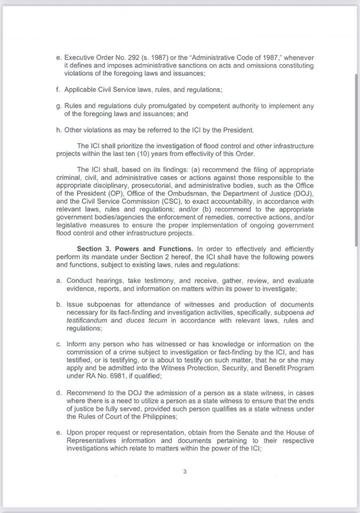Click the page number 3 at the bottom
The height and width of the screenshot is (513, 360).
point(185,470)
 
